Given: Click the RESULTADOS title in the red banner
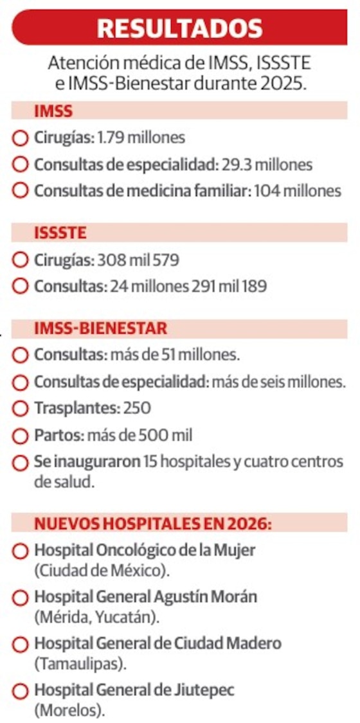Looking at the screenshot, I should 179,28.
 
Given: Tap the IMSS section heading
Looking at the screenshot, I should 53,111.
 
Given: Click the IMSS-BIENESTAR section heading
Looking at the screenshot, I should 100,328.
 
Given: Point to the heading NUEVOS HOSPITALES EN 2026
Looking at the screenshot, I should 153,523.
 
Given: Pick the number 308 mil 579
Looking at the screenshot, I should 138,261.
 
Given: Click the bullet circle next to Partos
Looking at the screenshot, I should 21,436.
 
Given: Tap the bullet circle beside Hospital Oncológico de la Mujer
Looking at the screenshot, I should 21,551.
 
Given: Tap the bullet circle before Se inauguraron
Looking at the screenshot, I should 21,463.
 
